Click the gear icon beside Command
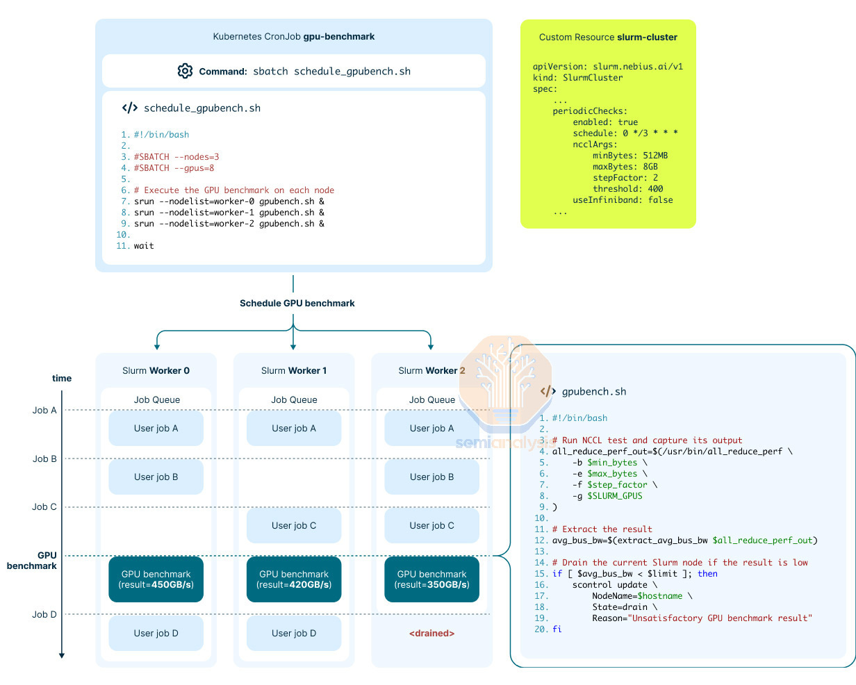click(185, 71)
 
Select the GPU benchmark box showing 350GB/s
click(431, 579)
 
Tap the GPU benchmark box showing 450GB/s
click(156, 579)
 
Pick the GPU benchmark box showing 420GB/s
click(294, 579)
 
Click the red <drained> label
click(431, 633)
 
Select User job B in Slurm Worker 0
click(156, 477)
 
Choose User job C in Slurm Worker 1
click(294, 525)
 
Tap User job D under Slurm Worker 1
click(294, 633)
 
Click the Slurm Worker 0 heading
click(156, 370)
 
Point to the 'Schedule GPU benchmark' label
click(297, 303)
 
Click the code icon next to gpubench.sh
click(548, 391)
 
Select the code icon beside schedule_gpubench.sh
click(130, 108)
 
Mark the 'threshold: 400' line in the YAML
click(627, 188)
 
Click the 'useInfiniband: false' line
click(623, 199)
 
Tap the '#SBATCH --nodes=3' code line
click(176, 157)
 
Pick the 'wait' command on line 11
click(144, 246)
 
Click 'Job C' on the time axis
click(44, 506)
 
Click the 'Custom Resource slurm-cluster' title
click(608, 37)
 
